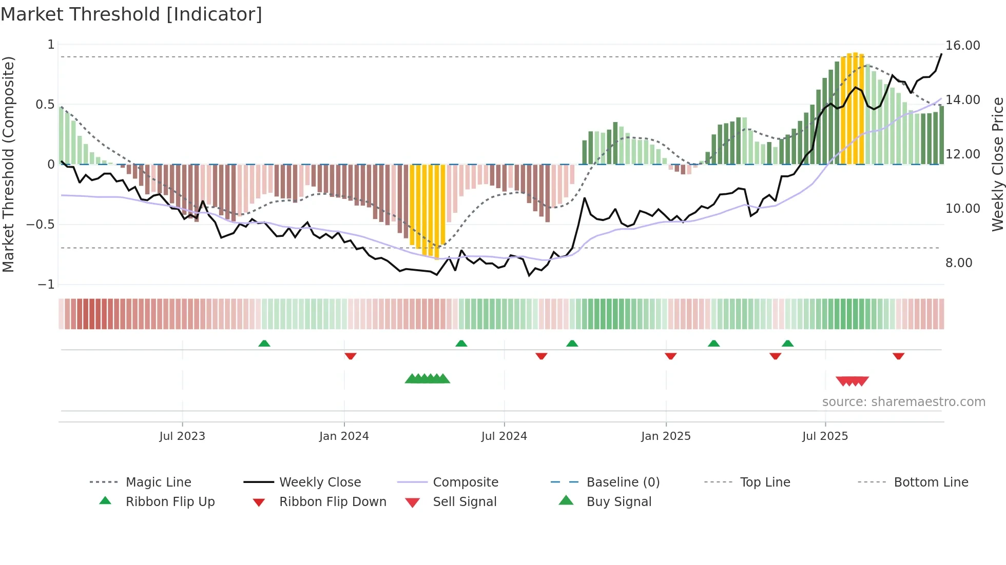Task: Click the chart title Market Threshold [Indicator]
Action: tap(131, 14)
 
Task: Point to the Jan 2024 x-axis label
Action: tap(344, 436)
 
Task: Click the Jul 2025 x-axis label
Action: tap(825, 436)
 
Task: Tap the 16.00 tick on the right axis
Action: tap(962, 46)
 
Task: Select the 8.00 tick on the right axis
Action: tap(958, 263)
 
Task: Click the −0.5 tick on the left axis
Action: tap(40, 225)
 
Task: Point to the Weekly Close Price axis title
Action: tap(997, 164)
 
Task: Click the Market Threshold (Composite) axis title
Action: tap(8, 164)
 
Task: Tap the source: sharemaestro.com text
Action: tap(903, 402)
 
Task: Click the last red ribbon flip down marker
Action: tap(898, 356)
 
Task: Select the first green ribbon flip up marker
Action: tap(264, 344)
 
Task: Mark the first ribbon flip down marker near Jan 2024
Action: tap(351, 356)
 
